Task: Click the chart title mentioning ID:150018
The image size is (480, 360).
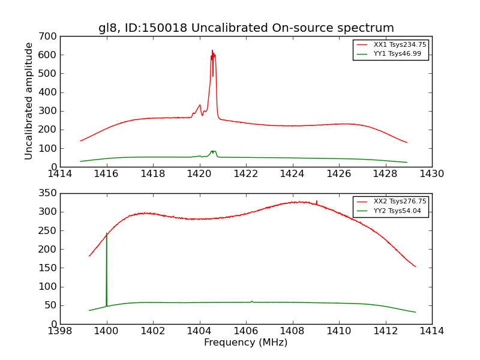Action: (x=246, y=28)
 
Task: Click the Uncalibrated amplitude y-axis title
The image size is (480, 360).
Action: (x=29, y=101)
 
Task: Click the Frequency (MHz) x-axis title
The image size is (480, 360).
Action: (x=246, y=343)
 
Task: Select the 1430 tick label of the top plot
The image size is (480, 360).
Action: (x=431, y=174)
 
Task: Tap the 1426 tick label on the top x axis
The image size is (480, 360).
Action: (x=338, y=174)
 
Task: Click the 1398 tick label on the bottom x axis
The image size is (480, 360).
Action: (x=61, y=331)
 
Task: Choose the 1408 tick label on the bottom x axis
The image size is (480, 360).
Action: (x=292, y=331)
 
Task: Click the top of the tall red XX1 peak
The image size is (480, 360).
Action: (x=212, y=51)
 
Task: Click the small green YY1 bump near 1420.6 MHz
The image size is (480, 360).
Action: (x=213, y=151)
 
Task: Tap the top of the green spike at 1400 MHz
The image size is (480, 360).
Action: (x=107, y=233)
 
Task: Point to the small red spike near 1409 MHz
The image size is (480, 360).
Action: (x=317, y=202)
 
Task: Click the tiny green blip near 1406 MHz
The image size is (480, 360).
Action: (x=251, y=301)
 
